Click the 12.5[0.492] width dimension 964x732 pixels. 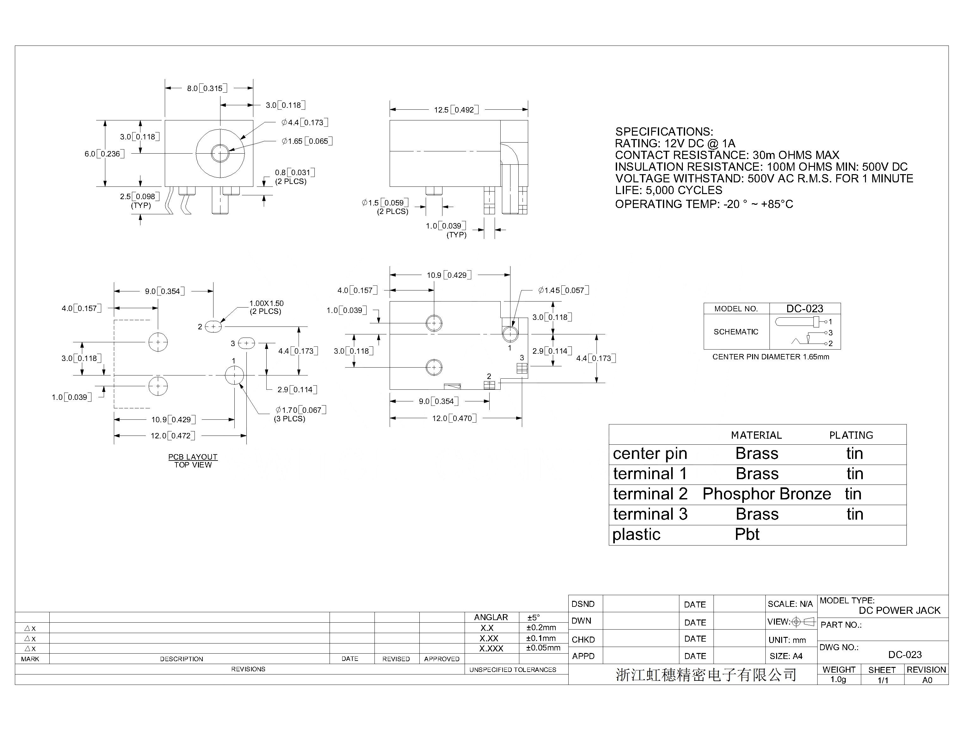456,110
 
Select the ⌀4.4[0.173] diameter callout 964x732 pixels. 305,122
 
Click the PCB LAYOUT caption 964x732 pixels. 193,457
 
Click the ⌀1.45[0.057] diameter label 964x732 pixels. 564,290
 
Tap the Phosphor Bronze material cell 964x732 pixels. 767,494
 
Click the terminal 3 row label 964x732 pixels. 650,514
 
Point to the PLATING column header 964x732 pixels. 851,435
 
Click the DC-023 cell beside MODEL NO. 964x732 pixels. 805,308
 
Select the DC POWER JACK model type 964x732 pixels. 899,610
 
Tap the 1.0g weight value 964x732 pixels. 838,680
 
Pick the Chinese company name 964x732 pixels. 706,675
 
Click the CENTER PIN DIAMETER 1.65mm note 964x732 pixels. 771,357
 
